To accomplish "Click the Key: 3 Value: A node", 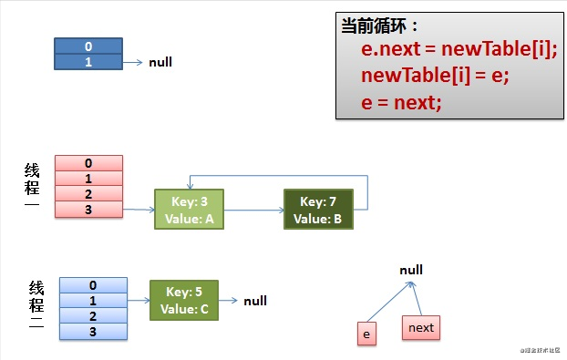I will tap(188, 210).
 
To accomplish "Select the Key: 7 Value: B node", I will tap(317, 210).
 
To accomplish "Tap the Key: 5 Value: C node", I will tap(184, 301).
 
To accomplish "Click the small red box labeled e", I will tap(366, 334).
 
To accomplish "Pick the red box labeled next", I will tap(421, 327).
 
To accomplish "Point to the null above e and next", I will tap(411, 271).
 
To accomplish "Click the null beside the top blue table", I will tap(160, 62).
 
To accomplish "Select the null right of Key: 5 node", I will tap(255, 301).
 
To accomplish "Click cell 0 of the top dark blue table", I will tap(88, 46).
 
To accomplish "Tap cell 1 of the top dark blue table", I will tap(88, 61).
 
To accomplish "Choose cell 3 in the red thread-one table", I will tap(88, 210).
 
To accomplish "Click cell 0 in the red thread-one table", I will tap(88, 163).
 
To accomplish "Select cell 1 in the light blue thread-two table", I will tap(92, 300).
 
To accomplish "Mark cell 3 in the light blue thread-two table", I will tap(92, 331).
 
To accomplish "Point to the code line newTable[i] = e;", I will tap(434, 75).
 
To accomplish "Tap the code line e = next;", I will tap(401, 101).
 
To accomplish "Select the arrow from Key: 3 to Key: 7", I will tap(253, 210).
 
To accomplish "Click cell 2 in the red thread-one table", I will tap(88, 194).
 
